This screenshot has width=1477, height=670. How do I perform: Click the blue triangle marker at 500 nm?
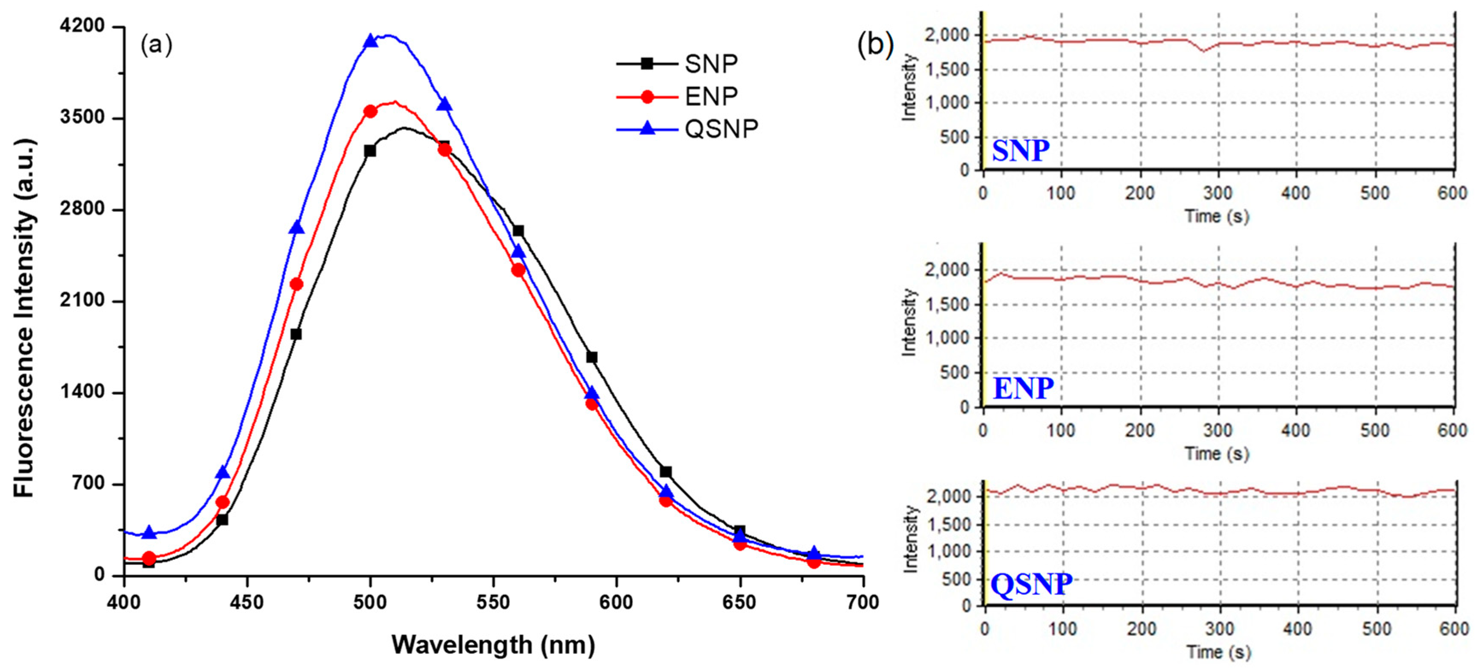371,41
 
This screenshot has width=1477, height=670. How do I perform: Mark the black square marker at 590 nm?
592,358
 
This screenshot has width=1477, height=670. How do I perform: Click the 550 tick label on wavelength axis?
493,602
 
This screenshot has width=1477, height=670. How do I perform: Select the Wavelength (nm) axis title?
493,645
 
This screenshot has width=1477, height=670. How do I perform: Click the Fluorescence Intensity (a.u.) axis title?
24,318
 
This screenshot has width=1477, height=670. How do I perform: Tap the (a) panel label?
156,45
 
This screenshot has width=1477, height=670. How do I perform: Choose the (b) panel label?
875,45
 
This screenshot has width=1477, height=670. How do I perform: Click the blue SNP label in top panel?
1021,151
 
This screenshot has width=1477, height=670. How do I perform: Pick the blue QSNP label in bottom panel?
1031,585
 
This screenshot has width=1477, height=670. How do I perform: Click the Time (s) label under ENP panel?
1217,454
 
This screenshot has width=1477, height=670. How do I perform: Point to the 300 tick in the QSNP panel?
1219,629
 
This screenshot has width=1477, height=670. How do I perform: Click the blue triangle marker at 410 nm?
149,532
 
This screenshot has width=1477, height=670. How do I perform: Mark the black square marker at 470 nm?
296,334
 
